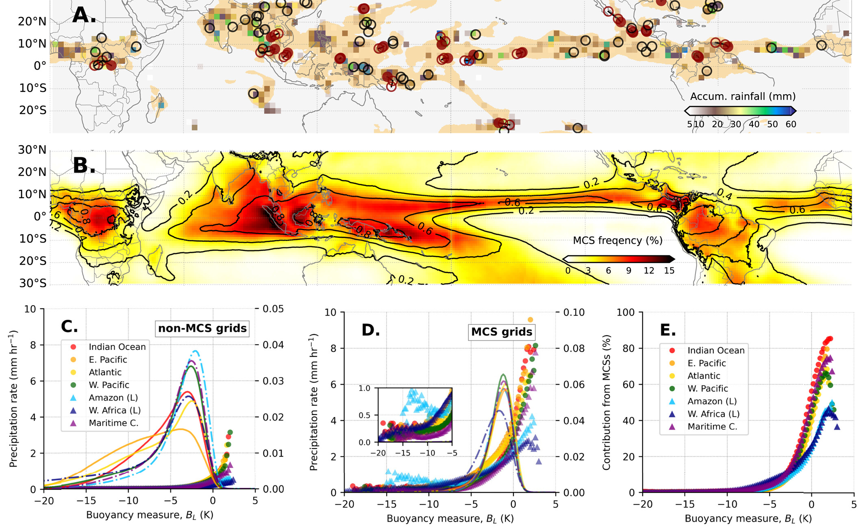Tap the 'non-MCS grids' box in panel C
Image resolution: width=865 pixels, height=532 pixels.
(x=202, y=328)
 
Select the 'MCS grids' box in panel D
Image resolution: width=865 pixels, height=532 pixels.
(x=502, y=332)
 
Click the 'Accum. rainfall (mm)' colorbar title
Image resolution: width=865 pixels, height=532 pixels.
(x=743, y=96)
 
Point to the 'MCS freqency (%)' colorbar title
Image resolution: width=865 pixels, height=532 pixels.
(x=617, y=241)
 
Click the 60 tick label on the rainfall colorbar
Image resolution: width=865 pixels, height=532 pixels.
(x=791, y=124)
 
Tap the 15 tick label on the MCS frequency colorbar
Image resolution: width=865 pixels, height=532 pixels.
(x=669, y=271)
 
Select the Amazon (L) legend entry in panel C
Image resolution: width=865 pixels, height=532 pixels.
(x=106, y=397)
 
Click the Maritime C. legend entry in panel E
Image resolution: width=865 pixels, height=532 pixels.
(x=703, y=427)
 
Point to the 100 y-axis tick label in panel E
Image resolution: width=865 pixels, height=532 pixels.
(x=626, y=312)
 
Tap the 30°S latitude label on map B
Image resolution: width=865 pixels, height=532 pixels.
(x=33, y=283)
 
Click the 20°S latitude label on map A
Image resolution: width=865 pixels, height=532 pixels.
(x=33, y=111)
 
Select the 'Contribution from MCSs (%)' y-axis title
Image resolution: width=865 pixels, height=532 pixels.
(x=606, y=402)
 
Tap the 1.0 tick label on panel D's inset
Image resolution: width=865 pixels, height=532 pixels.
(x=365, y=388)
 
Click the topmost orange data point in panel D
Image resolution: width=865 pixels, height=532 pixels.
(x=530, y=320)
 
